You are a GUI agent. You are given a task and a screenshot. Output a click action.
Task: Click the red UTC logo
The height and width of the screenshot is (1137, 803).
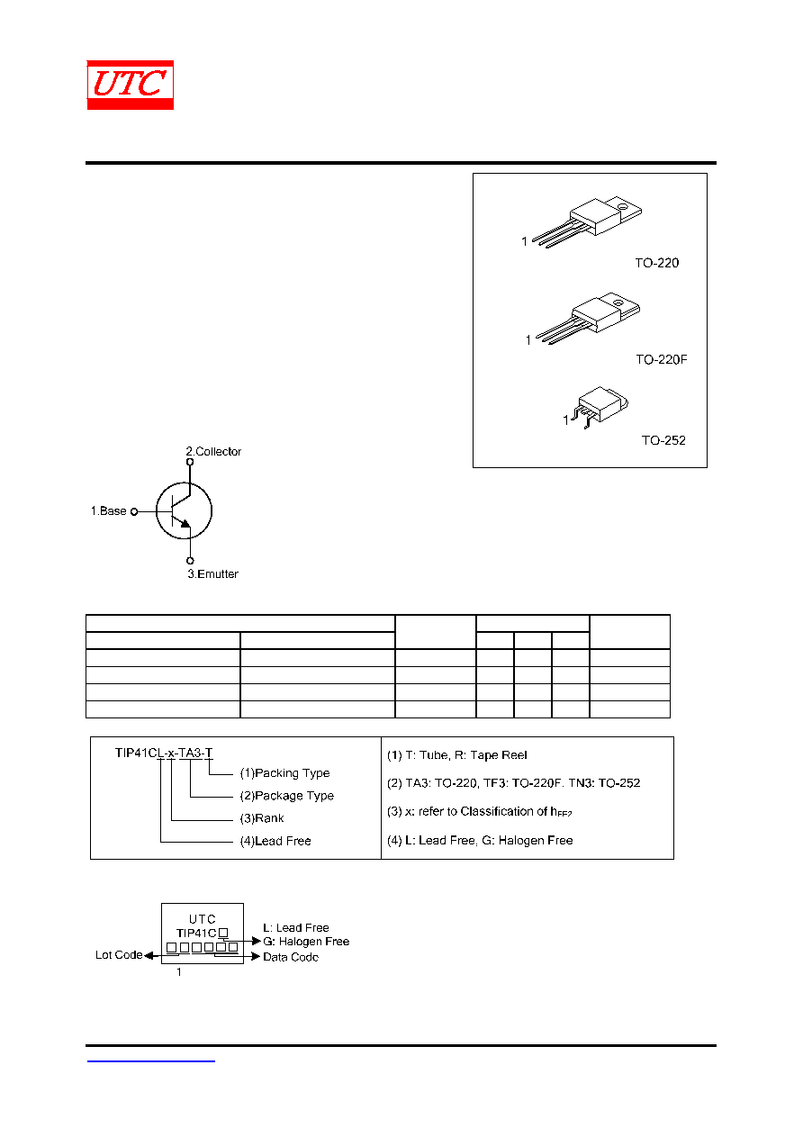coord(130,85)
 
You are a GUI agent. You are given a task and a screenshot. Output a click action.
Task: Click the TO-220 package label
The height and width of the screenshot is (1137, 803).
coord(657,263)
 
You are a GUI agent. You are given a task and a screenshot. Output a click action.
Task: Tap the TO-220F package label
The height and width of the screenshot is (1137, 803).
coord(662,359)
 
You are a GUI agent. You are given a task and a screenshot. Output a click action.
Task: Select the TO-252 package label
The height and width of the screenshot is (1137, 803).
coord(663,440)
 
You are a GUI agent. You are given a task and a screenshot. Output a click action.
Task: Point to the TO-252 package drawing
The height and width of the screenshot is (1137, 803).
coord(598,407)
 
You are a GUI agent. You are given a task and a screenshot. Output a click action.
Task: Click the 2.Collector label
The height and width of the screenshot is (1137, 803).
coord(213,451)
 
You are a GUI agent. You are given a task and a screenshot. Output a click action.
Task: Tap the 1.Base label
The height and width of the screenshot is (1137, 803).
coord(108,510)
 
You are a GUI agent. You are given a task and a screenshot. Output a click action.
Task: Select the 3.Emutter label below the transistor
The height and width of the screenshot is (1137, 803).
coord(212,573)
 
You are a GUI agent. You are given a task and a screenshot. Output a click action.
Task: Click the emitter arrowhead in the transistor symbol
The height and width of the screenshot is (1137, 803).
coord(185,523)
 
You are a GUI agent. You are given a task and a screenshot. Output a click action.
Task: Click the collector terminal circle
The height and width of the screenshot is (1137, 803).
coord(190,462)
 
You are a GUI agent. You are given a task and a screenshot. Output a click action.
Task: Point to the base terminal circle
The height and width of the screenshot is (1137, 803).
coord(134,511)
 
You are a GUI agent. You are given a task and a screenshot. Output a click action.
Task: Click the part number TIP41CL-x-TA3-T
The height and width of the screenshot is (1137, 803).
coord(164,753)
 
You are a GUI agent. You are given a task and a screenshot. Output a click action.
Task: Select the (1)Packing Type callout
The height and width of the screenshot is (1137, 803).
coord(284,773)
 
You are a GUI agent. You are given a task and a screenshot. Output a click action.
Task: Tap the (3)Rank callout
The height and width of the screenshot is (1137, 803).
coord(261,818)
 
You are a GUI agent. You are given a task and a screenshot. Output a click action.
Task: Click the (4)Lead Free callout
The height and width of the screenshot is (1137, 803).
coord(275,841)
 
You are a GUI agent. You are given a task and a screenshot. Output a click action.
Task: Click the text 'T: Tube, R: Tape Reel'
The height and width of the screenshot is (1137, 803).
coord(466,755)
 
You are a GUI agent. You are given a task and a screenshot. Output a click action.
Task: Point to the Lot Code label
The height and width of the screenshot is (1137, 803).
coord(119,955)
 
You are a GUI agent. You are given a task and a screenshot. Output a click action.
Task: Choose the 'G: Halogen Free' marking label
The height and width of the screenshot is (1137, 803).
coord(306,942)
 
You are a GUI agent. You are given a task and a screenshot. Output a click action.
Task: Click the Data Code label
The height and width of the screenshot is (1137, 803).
coord(291,957)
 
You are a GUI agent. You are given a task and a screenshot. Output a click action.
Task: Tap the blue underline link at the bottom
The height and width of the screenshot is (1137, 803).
coord(150,1061)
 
